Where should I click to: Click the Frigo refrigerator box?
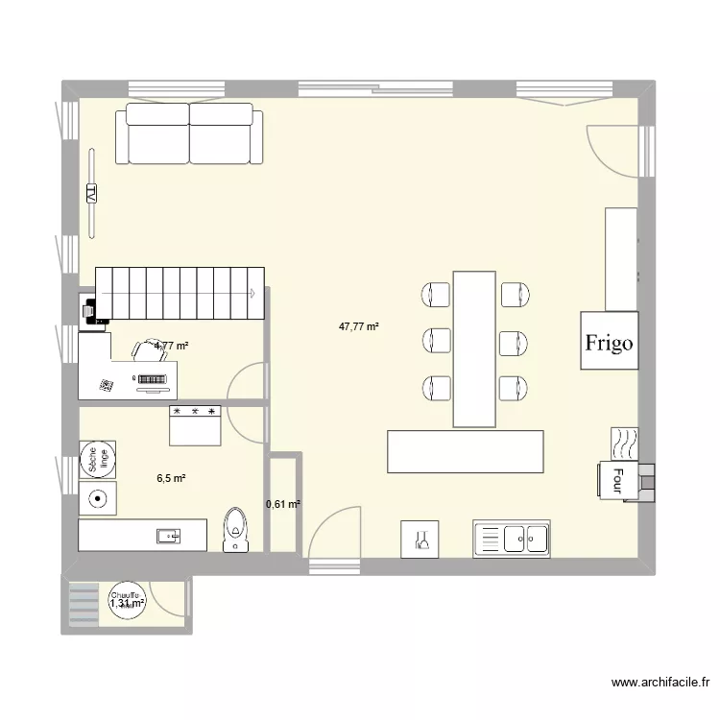point(609,341)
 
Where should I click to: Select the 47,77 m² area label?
point(359,326)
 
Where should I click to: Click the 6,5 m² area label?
point(172,478)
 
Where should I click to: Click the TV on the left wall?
point(92,193)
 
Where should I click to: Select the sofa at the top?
point(190,134)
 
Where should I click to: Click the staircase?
point(182,293)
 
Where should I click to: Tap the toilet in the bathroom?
point(235,530)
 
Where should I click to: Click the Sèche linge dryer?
point(98,460)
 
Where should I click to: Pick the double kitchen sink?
point(511,540)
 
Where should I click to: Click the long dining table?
point(474,348)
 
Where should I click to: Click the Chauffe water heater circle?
point(127,602)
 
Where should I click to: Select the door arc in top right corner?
point(610,149)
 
